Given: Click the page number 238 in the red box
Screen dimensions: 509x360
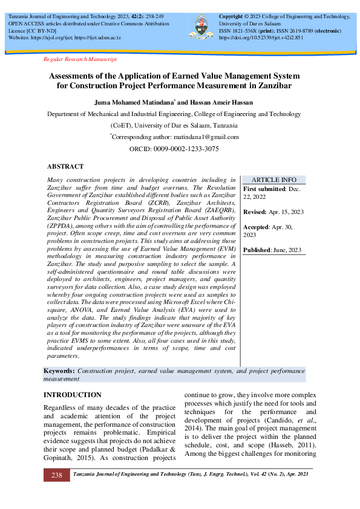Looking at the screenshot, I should [x=56, y=475].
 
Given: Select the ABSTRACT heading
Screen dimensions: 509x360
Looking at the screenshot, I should [x=65, y=166].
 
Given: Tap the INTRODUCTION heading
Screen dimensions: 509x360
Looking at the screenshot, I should [x=73, y=395].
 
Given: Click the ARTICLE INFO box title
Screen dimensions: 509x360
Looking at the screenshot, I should [x=273, y=180].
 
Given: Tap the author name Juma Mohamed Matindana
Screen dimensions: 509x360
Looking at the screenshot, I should [x=133, y=102].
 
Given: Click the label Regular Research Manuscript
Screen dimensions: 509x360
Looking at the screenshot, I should [x=80, y=59].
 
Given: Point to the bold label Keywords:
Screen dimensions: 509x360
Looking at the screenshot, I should [x=60, y=370].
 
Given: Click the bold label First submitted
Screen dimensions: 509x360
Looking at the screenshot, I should [x=264, y=189].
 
